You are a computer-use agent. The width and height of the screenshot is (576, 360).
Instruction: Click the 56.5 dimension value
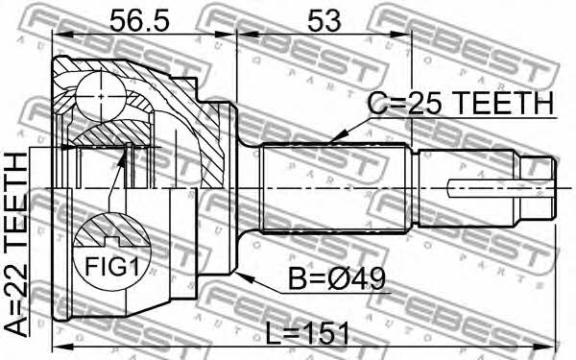pyautogui.click(x=139, y=21)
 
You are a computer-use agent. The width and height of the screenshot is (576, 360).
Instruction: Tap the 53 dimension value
pyautogui.click(x=324, y=21)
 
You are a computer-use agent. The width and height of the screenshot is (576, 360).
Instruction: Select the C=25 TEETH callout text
pyautogui.click(x=461, y=104)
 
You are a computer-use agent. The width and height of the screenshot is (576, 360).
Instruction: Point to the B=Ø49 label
pyautogui.click(x=337, y=278)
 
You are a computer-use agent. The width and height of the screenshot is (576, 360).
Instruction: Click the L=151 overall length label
pyautogui.click(x=307, y=333)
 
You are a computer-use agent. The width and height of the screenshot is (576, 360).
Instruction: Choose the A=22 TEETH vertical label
pyautogui.click(x=15, y=245)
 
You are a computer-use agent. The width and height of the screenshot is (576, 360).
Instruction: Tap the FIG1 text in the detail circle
pyautogui.click(x=112, y=266)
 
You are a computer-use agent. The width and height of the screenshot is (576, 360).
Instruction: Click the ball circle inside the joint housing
pyautogui.click(x=101, y=96)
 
